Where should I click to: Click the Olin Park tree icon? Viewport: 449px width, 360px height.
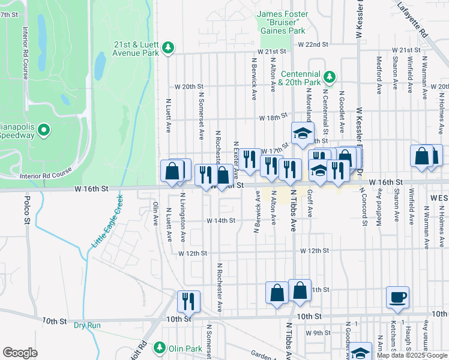point(160,347)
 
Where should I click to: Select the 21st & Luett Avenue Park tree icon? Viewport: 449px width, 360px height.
point(169,47)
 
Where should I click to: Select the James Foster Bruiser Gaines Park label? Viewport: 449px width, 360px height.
point(282,22)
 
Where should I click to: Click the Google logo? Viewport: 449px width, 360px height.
point(20,352)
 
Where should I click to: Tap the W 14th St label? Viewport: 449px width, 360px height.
point(220,221)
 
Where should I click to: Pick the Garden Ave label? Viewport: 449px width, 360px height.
point(263,355)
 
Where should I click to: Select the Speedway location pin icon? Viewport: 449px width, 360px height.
point(44,130)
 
